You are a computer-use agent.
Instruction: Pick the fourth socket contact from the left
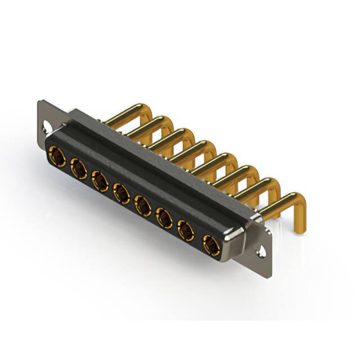[x=120, y=193]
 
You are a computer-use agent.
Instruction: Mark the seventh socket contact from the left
[x=186, y=231]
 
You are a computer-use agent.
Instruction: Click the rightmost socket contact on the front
[x=210, y=245]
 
